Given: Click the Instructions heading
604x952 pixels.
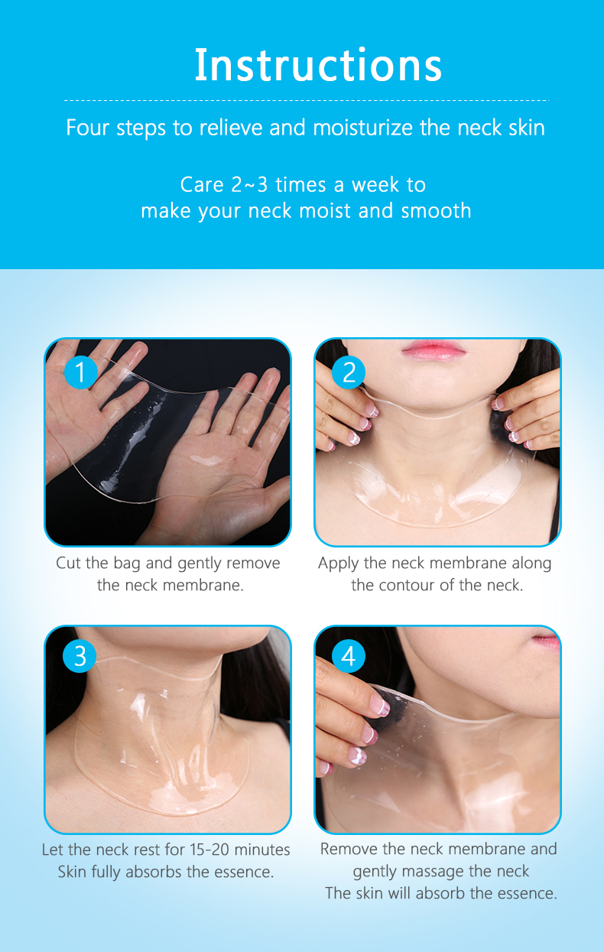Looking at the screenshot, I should click(318, 65).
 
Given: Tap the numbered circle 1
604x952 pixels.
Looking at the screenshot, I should click(80, 372).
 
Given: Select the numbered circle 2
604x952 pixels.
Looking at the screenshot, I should click(349, 372).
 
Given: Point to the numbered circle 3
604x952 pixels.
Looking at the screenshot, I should click(80, 657).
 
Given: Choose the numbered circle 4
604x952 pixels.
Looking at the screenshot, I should click(349, 657).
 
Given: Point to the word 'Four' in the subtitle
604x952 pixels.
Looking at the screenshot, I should click(88, 127).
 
